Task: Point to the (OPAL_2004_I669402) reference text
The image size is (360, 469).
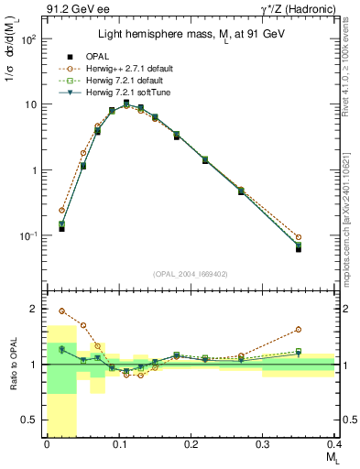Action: click(x=191, y=272)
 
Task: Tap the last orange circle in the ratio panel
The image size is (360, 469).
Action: click(x=299, y=329)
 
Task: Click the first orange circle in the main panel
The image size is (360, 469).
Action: click(x=62, y=210)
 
